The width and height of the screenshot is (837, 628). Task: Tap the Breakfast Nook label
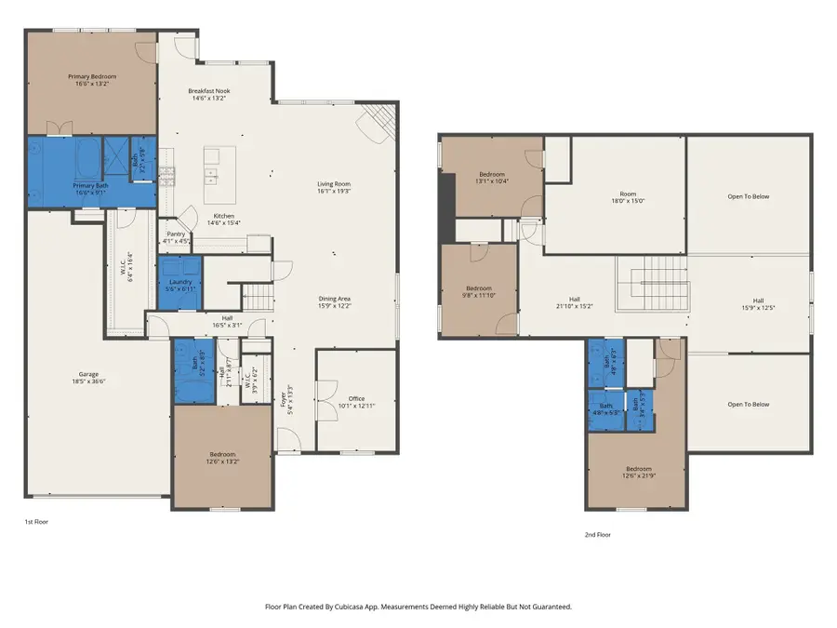pyautogui.click(x=210, y=91)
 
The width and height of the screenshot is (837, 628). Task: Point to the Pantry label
pyautogui.click(x=176, y=234)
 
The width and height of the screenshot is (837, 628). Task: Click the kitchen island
pyautogui.click(x=221, y=175)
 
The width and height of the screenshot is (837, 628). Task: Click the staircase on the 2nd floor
pyautogui.click(x=651, y=284)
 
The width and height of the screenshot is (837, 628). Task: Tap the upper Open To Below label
pyautogui.click(x=748, y=196)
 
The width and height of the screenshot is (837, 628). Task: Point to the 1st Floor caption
pyautogui.click(x=36, y=522)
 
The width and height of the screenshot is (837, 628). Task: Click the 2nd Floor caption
pyautogui.click(x=599, y=534)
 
